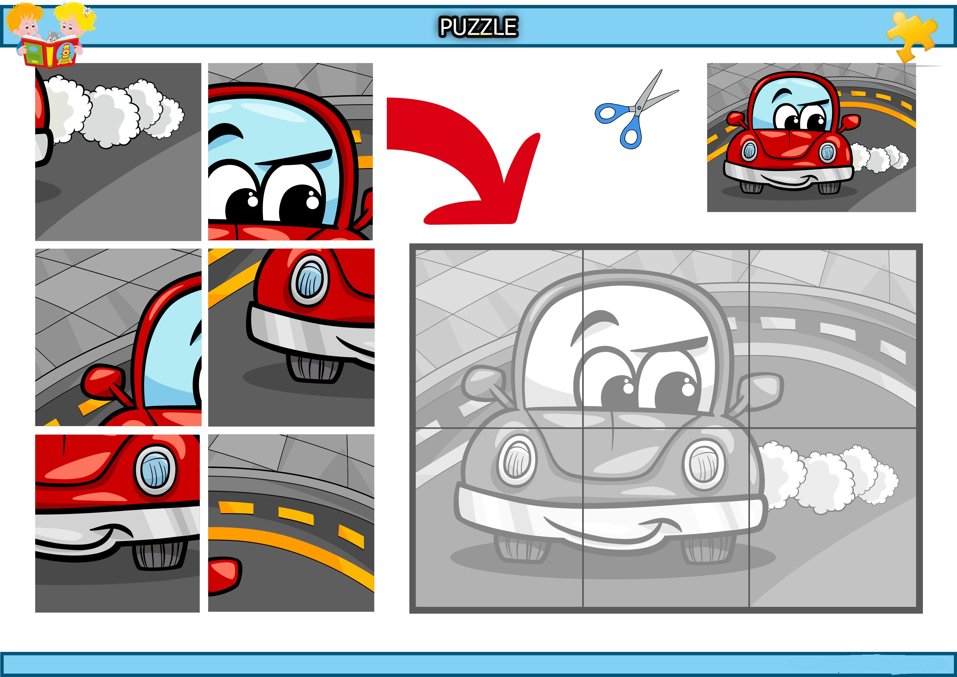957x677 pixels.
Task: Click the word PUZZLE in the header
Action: click(x=478, y=27)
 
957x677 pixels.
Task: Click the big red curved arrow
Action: click(x=463, y=161)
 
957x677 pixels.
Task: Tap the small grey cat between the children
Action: click(x=53, y=37)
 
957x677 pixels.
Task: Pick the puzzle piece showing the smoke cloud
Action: click(x=118, y=152)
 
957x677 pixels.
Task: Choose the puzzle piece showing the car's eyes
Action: click(x=291, y=152)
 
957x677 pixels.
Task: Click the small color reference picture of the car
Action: click(x=811, y=137)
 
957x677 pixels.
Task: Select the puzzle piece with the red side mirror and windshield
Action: click(x=118, y=337)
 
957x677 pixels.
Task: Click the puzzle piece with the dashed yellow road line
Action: click(x=291, y=523)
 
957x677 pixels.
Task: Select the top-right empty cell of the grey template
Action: click(x=833, y=339)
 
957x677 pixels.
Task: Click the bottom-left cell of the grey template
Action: click(x=499, y=517)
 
